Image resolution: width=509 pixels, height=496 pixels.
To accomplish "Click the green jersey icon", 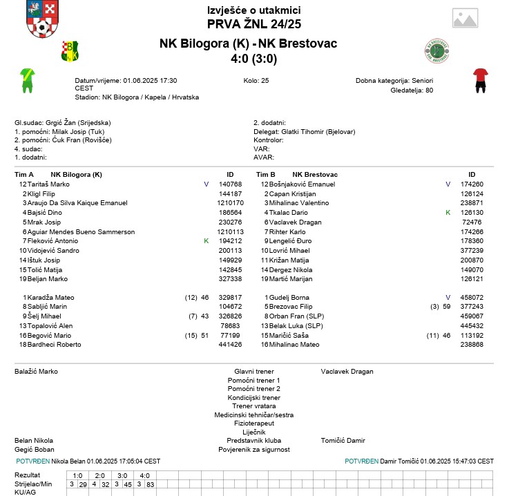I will coord(27,80).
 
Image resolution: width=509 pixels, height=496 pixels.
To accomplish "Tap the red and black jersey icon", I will coord(481,80).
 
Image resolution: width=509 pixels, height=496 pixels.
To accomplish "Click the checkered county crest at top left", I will coord(39,20).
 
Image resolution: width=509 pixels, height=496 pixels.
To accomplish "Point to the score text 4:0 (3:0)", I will coord(254,59).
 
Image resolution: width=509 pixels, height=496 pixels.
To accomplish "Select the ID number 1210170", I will coord(230,203).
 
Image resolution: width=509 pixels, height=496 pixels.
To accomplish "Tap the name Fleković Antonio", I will coord(52,240).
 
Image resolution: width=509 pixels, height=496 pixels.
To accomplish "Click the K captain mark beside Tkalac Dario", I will coord(448,213).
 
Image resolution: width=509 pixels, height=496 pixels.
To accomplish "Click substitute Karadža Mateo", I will coord(50,297).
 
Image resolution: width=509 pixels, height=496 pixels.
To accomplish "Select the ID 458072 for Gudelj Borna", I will coord(472,297).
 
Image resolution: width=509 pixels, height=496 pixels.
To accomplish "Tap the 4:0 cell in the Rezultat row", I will coord(145,475).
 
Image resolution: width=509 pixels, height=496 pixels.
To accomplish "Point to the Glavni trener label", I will coord(254,371).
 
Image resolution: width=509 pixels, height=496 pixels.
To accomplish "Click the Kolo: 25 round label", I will coord(256,81).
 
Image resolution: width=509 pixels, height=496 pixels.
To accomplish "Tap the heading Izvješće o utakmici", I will coord(253,10).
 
